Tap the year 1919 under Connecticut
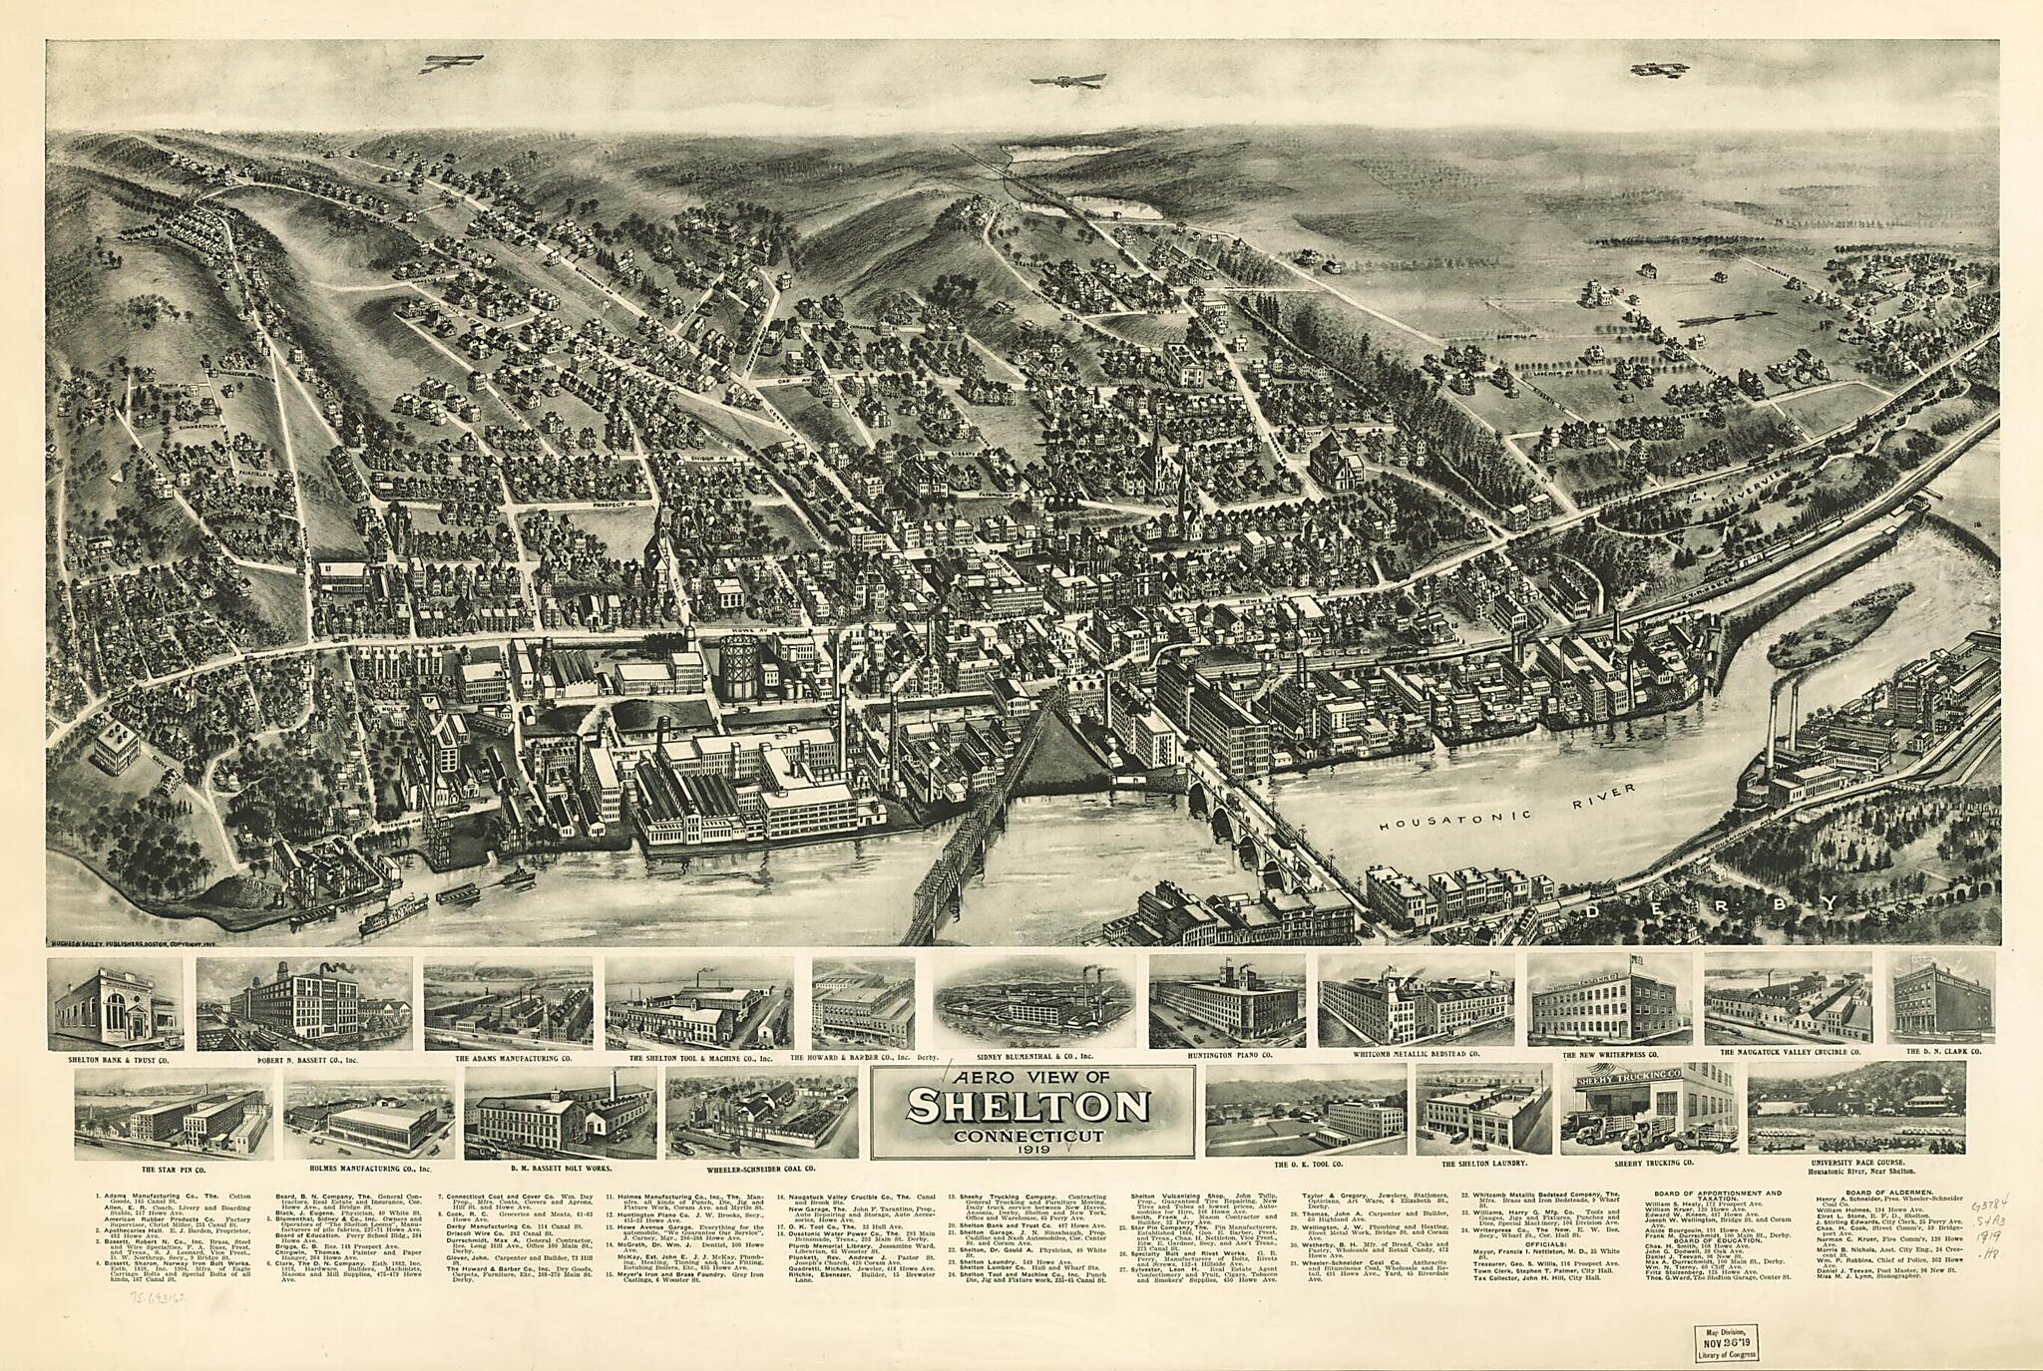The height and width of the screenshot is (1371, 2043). pyautogui.click(x=1031, y=1150)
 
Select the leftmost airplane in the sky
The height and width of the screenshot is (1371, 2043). pyautogui.click(x=451, y=63)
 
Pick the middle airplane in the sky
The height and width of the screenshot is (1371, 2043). pyautogui.click(x=1068, y=80)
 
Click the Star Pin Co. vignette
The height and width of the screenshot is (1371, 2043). pyautogui.click(x=172, y=1109)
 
